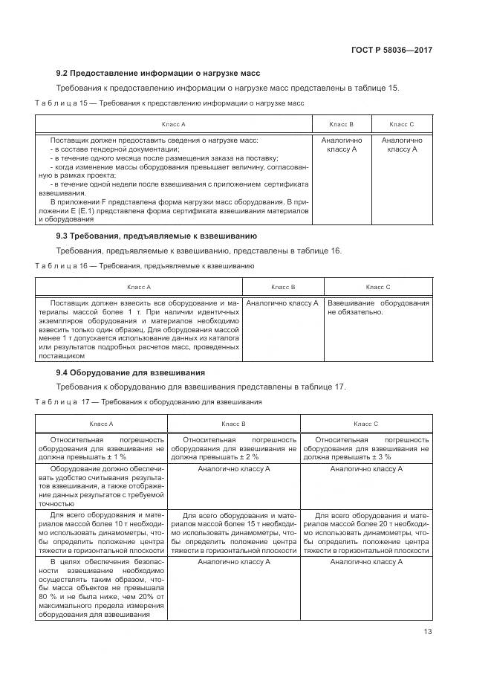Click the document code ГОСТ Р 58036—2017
[392, 50]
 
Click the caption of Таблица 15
[169, 103]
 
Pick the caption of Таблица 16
[145, 265]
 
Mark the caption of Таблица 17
[149, 402]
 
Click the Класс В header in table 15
[341, 124]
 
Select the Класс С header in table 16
[378, 286]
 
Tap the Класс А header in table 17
[102, 423]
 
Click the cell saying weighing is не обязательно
[378, 308]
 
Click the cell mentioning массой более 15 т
[233, 533]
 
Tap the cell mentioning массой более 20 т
[365, 533]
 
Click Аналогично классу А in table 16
[282, 303]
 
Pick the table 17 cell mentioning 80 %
[102, 588]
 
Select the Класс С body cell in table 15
[402, 145]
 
